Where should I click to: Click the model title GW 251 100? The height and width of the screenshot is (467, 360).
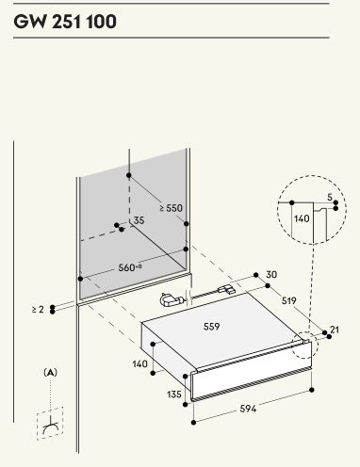click(x=65, y=22)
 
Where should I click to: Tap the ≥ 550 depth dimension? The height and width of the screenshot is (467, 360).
click(x=171, y=208)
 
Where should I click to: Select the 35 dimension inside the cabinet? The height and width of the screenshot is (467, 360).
click(x=139, y=220)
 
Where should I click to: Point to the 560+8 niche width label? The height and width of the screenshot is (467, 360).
click(x=130, y=267)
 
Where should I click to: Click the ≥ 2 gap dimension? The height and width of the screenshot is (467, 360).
click(x=38, y=310)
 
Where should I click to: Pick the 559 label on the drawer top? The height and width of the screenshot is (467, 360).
click(x=211, y=327)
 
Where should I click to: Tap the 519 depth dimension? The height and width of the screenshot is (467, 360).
click(x=288, y=300)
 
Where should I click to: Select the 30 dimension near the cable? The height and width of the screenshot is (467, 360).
click(x=271, y=275)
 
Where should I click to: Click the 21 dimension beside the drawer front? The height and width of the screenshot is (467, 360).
click(x=335, y=330)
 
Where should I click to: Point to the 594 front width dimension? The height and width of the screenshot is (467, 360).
click(x=248, y=409)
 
